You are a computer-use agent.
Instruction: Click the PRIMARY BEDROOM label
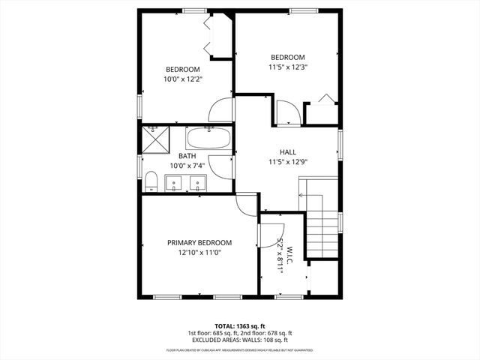pos(199,243)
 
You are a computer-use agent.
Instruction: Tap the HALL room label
pos(288,151)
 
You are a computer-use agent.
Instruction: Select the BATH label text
pos(187,156)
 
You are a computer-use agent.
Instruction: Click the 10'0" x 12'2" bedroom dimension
pos(182,79)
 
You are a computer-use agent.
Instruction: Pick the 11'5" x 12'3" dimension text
pos(288,67)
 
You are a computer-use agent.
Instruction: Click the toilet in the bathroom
pos(150,181)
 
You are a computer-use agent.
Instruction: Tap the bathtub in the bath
pos(209,138)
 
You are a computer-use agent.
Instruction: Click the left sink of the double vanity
pos(173,182)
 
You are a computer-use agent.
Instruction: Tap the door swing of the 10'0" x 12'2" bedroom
pos(221,112)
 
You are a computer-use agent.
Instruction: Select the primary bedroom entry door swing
pos(245,203)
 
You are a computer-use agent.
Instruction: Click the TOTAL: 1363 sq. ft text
pos(240,326)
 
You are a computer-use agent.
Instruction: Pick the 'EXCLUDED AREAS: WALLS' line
pos(240,340)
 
